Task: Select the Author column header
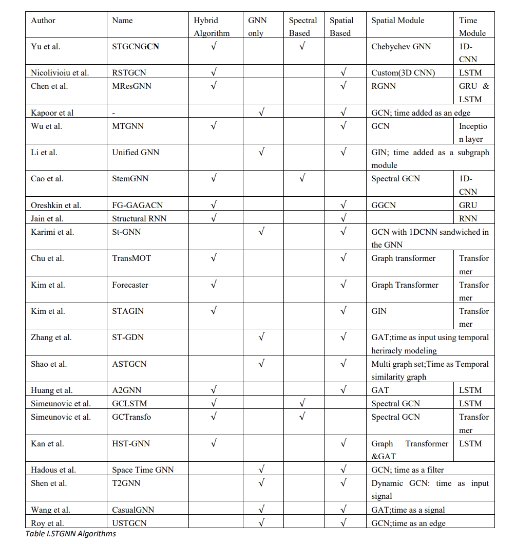[x=43, y=21]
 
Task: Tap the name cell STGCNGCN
[x=136, y=46]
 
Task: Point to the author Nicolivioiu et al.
[x=60, y=72]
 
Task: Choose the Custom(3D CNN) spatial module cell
[x=403, y=72]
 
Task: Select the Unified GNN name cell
[x=136, y=152]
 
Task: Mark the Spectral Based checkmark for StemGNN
[x=302, y=178]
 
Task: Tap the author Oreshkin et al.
[x=56, y=205]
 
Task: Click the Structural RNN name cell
[x=139, y=218]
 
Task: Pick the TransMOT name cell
[x=131, y=258]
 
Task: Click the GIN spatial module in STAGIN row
[x=379, y=311]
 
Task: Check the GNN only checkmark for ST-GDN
[x=261, y=337]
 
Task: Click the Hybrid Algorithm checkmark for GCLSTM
[x=214, y=403]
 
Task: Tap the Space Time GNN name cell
[x=143, y=470]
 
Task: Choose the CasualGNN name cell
[x=133, y=510]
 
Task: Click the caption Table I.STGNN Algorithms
[x=71, y=534]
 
